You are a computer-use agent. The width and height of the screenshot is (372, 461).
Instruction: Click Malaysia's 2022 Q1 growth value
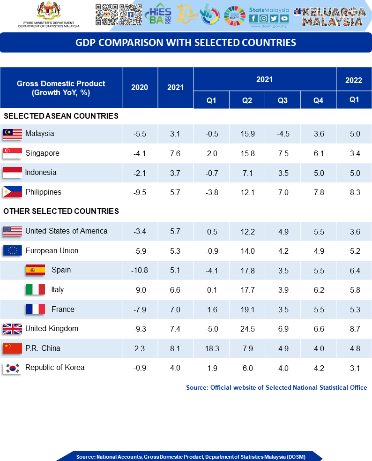[355, 134]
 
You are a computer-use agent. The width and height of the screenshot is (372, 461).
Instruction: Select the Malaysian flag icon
[13, 134]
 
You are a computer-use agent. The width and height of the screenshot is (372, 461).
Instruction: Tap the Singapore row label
[42, 153]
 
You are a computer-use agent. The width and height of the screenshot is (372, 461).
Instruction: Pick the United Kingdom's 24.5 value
[247, 329]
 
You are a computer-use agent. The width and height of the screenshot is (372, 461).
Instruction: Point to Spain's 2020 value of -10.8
[140, 270]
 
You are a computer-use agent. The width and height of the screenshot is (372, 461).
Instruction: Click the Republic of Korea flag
[13, 368]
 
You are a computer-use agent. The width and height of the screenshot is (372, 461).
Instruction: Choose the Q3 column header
[283, 100]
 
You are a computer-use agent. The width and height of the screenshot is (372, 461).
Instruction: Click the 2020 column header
[140, 87]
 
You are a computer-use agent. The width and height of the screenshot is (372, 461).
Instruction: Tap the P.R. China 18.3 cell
[211, 348]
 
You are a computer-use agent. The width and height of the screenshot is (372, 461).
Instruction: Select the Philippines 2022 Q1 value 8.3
[355, 192]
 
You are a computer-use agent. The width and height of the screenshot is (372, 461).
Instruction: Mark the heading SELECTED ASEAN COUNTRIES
[61, 116]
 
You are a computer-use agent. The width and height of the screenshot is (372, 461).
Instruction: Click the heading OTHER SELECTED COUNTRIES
[61, 212]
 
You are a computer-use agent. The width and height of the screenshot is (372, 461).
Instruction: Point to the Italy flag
[35, 290]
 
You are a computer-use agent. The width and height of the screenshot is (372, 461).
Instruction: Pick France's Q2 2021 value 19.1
[247, 310]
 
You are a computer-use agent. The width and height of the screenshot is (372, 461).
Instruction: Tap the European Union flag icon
[13, 251]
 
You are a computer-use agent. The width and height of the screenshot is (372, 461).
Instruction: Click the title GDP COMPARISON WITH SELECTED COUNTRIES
[186, 43]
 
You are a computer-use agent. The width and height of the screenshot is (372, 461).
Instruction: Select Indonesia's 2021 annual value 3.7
[175, 173]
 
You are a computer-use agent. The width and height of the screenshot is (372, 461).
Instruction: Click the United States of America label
[67, 231]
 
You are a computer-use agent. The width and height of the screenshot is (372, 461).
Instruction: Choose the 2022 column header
[354, 80]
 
